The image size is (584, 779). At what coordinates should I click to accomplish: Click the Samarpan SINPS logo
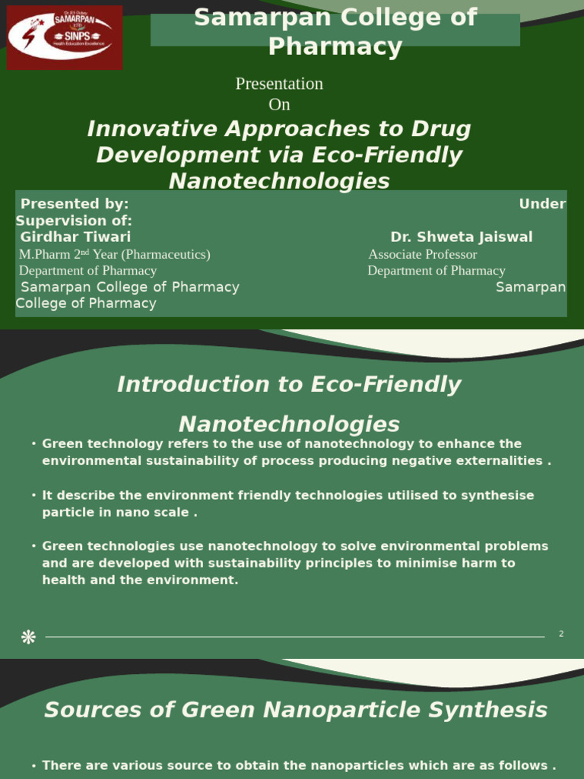pyautogui.click(x=65, y=37)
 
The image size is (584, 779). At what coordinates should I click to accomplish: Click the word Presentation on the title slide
pyautogui.click(x=279, y=84)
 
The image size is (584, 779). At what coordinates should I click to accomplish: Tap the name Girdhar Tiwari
pyautogui.click(x=75, y=237)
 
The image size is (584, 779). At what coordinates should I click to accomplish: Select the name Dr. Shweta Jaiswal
pyautogui.click(x=461, y=237)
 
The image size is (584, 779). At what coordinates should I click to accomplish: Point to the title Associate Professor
pyautogui.click(x=423, y=254)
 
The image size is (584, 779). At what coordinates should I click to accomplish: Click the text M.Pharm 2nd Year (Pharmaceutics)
pyautogui.click(x=114, y=254)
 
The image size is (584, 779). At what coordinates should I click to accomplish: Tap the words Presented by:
pyautogui.click(x=75, y=204)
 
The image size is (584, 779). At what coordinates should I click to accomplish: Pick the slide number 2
pyautogui.click(x=561, y=634)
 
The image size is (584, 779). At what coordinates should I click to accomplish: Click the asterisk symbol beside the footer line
pyautogui.click(x=28, y=637)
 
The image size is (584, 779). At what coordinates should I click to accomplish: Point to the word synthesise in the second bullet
pyautogui.click(x=494, y=495)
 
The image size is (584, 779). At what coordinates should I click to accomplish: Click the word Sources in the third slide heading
pyautogui.click(x=81, y=710)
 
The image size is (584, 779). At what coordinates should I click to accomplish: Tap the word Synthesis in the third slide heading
pyautogui.click(x=500, y=710)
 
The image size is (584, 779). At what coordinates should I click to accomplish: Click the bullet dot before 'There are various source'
pyautogui.click(x=34, y=766)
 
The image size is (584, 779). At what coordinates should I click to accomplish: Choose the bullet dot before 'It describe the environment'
pyautogui.click(x=34, y=495)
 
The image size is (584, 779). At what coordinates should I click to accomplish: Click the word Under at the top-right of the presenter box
pyautogui.click(x=542, y=204)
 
